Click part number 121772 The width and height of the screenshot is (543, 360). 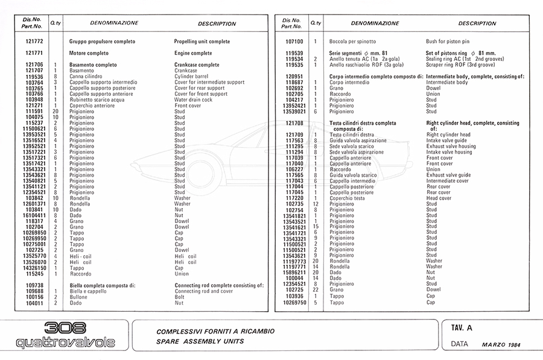pyautogui.click(x=34, y=42)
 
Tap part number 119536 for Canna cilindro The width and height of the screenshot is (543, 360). pyautogui.click(x=34, y=77)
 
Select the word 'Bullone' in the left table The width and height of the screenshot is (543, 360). pyautogui.click(x=78, y=297)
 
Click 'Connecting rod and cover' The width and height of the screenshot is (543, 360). pyautogui.click(x=203, y=291)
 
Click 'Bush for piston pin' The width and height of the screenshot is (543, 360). pyautogui.click(x=448, y=42)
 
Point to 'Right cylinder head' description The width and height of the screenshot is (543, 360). pyautogui.click(x=449, y=134)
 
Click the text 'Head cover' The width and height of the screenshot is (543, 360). pyautogui.click(x=439, y=198)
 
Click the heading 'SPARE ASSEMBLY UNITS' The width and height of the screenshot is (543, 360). pyautogui.click(x=200, y=341)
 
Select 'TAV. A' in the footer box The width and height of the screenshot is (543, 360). pyautogui.click(x=461, y=328)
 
